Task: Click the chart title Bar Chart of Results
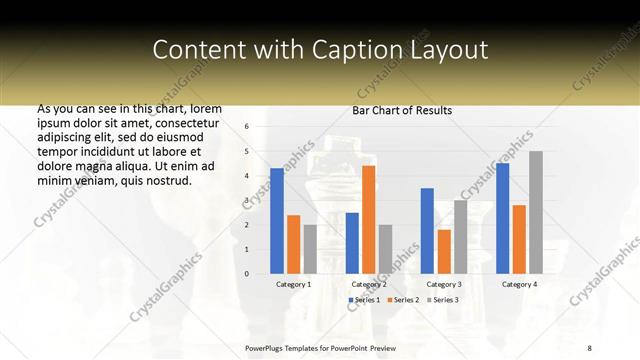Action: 402,110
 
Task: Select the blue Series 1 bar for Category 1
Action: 277,221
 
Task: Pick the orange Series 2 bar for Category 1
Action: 293,244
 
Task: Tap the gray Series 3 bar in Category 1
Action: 310,249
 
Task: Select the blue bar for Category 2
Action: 352,243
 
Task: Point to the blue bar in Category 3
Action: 427,231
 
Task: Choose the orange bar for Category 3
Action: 444,251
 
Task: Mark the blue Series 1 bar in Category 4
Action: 502,218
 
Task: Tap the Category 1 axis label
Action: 293,284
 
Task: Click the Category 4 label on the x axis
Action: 519,284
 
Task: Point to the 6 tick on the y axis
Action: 247,127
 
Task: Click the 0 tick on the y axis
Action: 247,274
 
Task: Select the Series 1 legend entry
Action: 365,300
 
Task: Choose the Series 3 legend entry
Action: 441,300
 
